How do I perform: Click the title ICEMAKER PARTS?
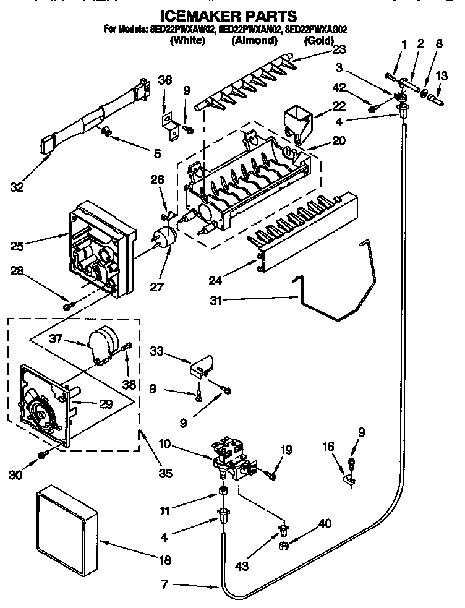tap(229, 15)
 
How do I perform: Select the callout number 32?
tap(17, 186)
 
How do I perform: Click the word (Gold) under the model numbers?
tap(318, 41)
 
